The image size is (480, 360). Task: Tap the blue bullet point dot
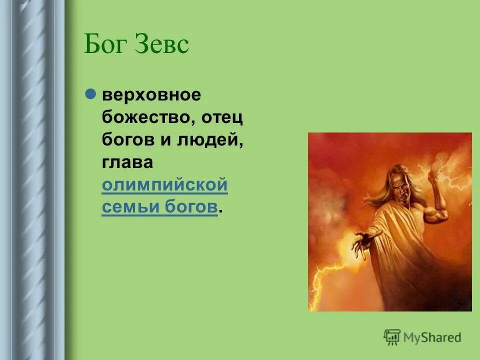pos(90,94)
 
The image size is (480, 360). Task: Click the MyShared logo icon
pos(392,337)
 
